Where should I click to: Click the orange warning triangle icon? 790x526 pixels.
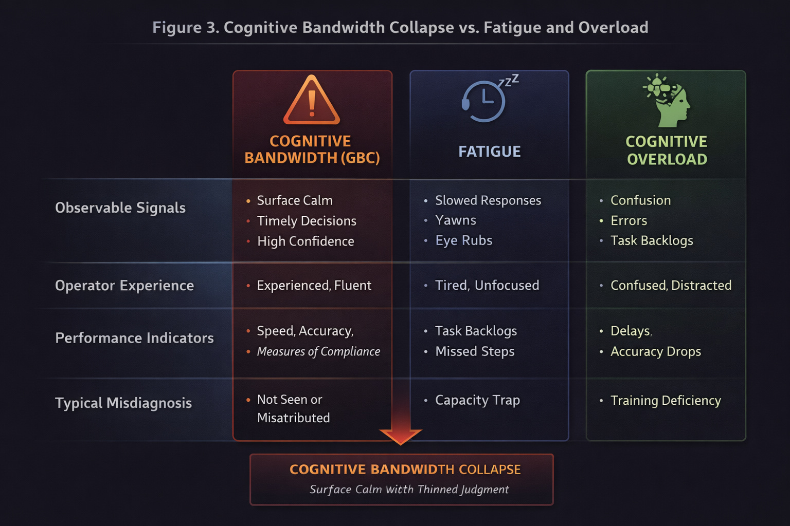click(312, 101)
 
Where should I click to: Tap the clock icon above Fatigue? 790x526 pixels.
click(484, 101)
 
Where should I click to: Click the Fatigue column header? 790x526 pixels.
click(489, 152)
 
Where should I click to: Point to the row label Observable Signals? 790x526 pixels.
click(120, 208)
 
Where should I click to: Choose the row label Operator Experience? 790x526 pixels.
click(124, 286)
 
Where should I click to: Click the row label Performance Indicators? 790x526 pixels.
click(134, 338)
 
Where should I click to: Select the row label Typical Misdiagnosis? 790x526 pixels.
click(123, 403)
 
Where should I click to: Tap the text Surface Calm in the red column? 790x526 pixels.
click(295, 200)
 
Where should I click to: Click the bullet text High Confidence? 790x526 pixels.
click(306, 241)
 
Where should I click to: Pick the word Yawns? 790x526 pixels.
click(456, 220)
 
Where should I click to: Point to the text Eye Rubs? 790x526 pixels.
click(463, 240)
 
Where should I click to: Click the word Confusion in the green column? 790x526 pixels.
click(640, 200)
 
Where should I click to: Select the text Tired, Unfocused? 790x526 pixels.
click(487, 286)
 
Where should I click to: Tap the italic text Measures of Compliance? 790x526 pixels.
click(318, 351)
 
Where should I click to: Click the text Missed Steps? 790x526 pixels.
click(475, 351)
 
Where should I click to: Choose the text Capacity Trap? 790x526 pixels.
click(477, 400)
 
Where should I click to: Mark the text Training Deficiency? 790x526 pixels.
click(666, 401)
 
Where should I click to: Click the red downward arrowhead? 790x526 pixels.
click(401, 435)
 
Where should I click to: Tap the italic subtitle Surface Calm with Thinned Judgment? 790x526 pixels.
click(409, 490)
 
